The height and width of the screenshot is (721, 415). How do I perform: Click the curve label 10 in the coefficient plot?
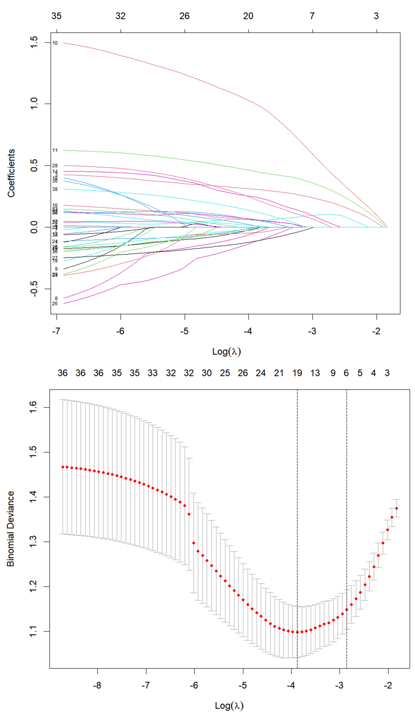[x=55, y=43]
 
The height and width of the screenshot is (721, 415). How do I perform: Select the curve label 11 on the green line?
[x=55, y=151]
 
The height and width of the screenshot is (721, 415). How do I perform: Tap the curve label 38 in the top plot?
[x=55, y=189]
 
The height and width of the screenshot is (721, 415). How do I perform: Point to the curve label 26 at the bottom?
[x=55, y=304]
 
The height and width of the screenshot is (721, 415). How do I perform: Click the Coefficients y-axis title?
[x=11, y=173]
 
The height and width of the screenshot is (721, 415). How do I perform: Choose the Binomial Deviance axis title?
[x=11, y=529]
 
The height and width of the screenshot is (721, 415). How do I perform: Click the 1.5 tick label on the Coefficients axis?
[x=34, y=42]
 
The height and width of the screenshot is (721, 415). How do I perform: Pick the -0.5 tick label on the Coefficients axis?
[x=34, y=289]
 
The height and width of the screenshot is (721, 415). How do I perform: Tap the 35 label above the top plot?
[x=56, y=16]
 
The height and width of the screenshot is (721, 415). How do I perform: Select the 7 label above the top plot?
[x=312, y=16]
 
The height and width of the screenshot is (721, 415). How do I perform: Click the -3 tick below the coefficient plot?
[x=312, y=331]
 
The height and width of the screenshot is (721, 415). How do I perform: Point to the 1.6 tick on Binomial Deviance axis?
[x=34, y=407]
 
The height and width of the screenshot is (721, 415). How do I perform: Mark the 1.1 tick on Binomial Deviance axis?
[x=34, y=631]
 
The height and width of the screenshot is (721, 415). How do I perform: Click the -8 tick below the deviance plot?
[x=97, y=685]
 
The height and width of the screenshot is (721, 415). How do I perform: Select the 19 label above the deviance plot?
[x=297, y=373]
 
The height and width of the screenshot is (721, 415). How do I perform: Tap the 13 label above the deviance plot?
[x=315, y=373]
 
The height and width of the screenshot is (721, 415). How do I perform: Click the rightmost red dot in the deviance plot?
[x=397, y=508]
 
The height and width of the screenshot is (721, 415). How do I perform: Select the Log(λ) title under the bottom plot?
[x=229, y=706]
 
